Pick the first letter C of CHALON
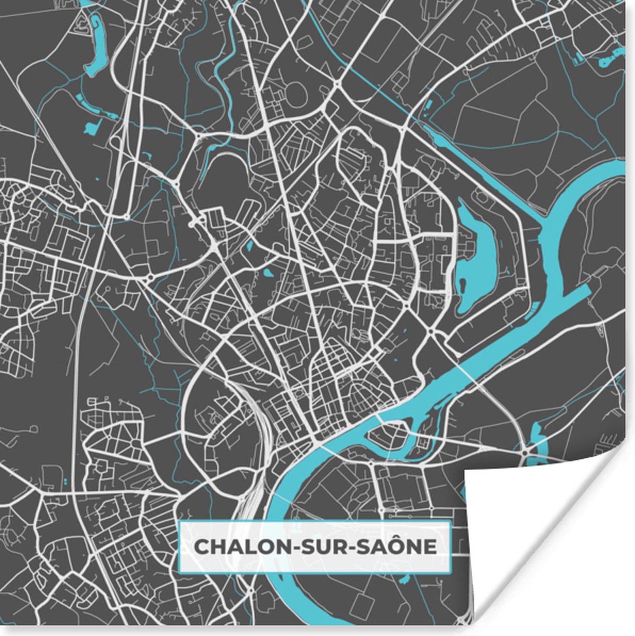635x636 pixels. pos(201,546)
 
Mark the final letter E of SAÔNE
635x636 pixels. pos(431,546)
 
